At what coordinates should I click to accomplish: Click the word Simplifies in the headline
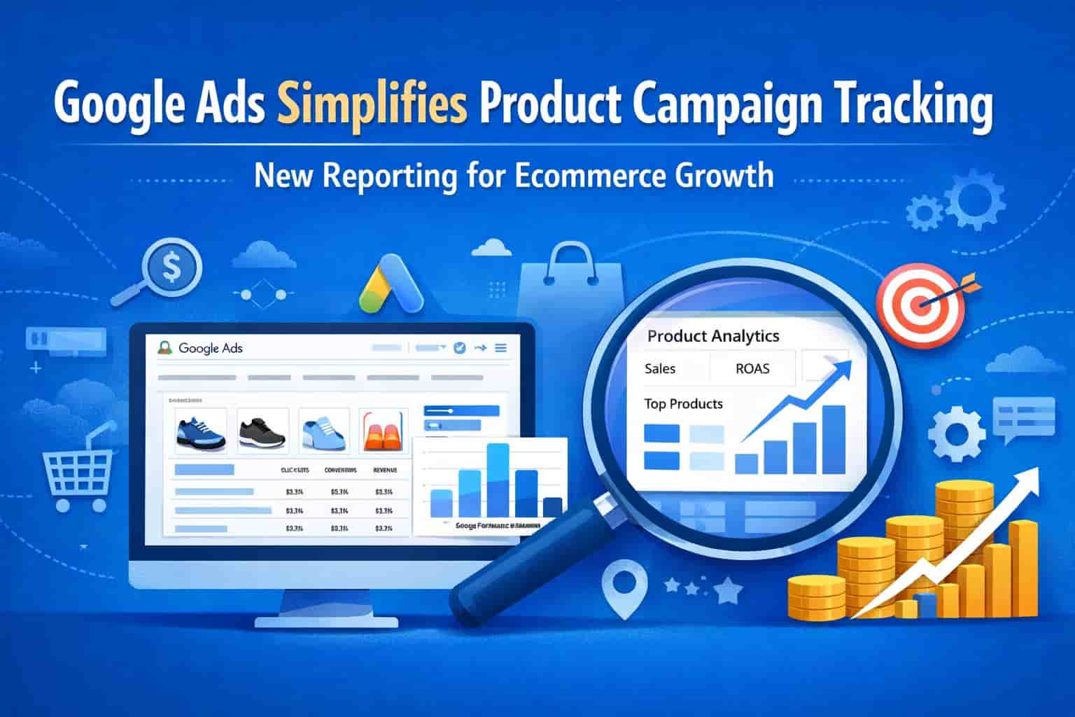pyautogui.click(x=372, y=104)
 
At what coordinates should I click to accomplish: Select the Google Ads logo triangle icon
pyautogui.click(x=391, y=284)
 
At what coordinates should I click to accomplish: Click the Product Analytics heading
pyautogui.click(x=713, y=336)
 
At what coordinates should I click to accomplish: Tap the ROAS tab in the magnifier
pyautogui.click(x=752, y=369)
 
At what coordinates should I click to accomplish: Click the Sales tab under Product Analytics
pyautogui.click(x=660, y=369)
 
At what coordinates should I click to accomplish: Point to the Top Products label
pyautogui.click(x=683, y=404)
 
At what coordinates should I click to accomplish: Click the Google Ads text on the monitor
pyautogui.click(x=210, y=348)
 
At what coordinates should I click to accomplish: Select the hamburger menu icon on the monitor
pyautogui.click(x=500, y=348)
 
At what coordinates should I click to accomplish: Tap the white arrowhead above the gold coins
pyautogui.click(x=1026, y=480)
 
